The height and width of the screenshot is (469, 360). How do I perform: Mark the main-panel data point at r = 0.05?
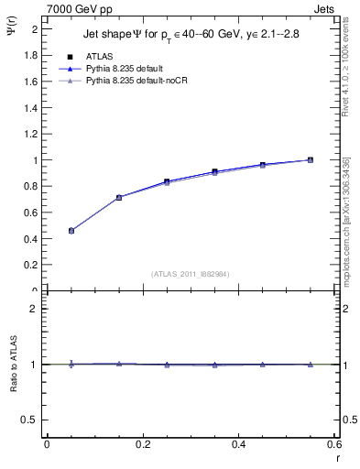click(71, 231)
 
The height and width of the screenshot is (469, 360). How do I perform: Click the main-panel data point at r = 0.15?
click(119, 197)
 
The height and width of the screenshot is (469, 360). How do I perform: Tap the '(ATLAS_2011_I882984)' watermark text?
click(191, 273)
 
